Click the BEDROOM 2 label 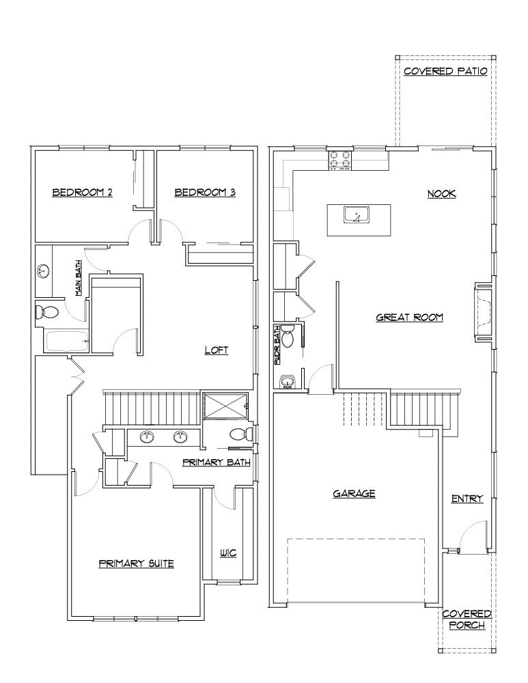tap(83, 193)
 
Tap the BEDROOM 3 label tap(205, 193)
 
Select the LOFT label tap(217, 350)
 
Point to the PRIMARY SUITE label tap(137, 563)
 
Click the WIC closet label tap(228, 553)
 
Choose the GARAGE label tap(355, 494)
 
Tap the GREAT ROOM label tap(410, 318)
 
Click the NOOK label tap(441, 194)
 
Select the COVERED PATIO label tap(445, 72)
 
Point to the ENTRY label tap(467, 499)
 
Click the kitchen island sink tap(357, 214)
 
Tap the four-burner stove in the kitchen tap(340, 159)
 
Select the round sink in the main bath tap(43, 271)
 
